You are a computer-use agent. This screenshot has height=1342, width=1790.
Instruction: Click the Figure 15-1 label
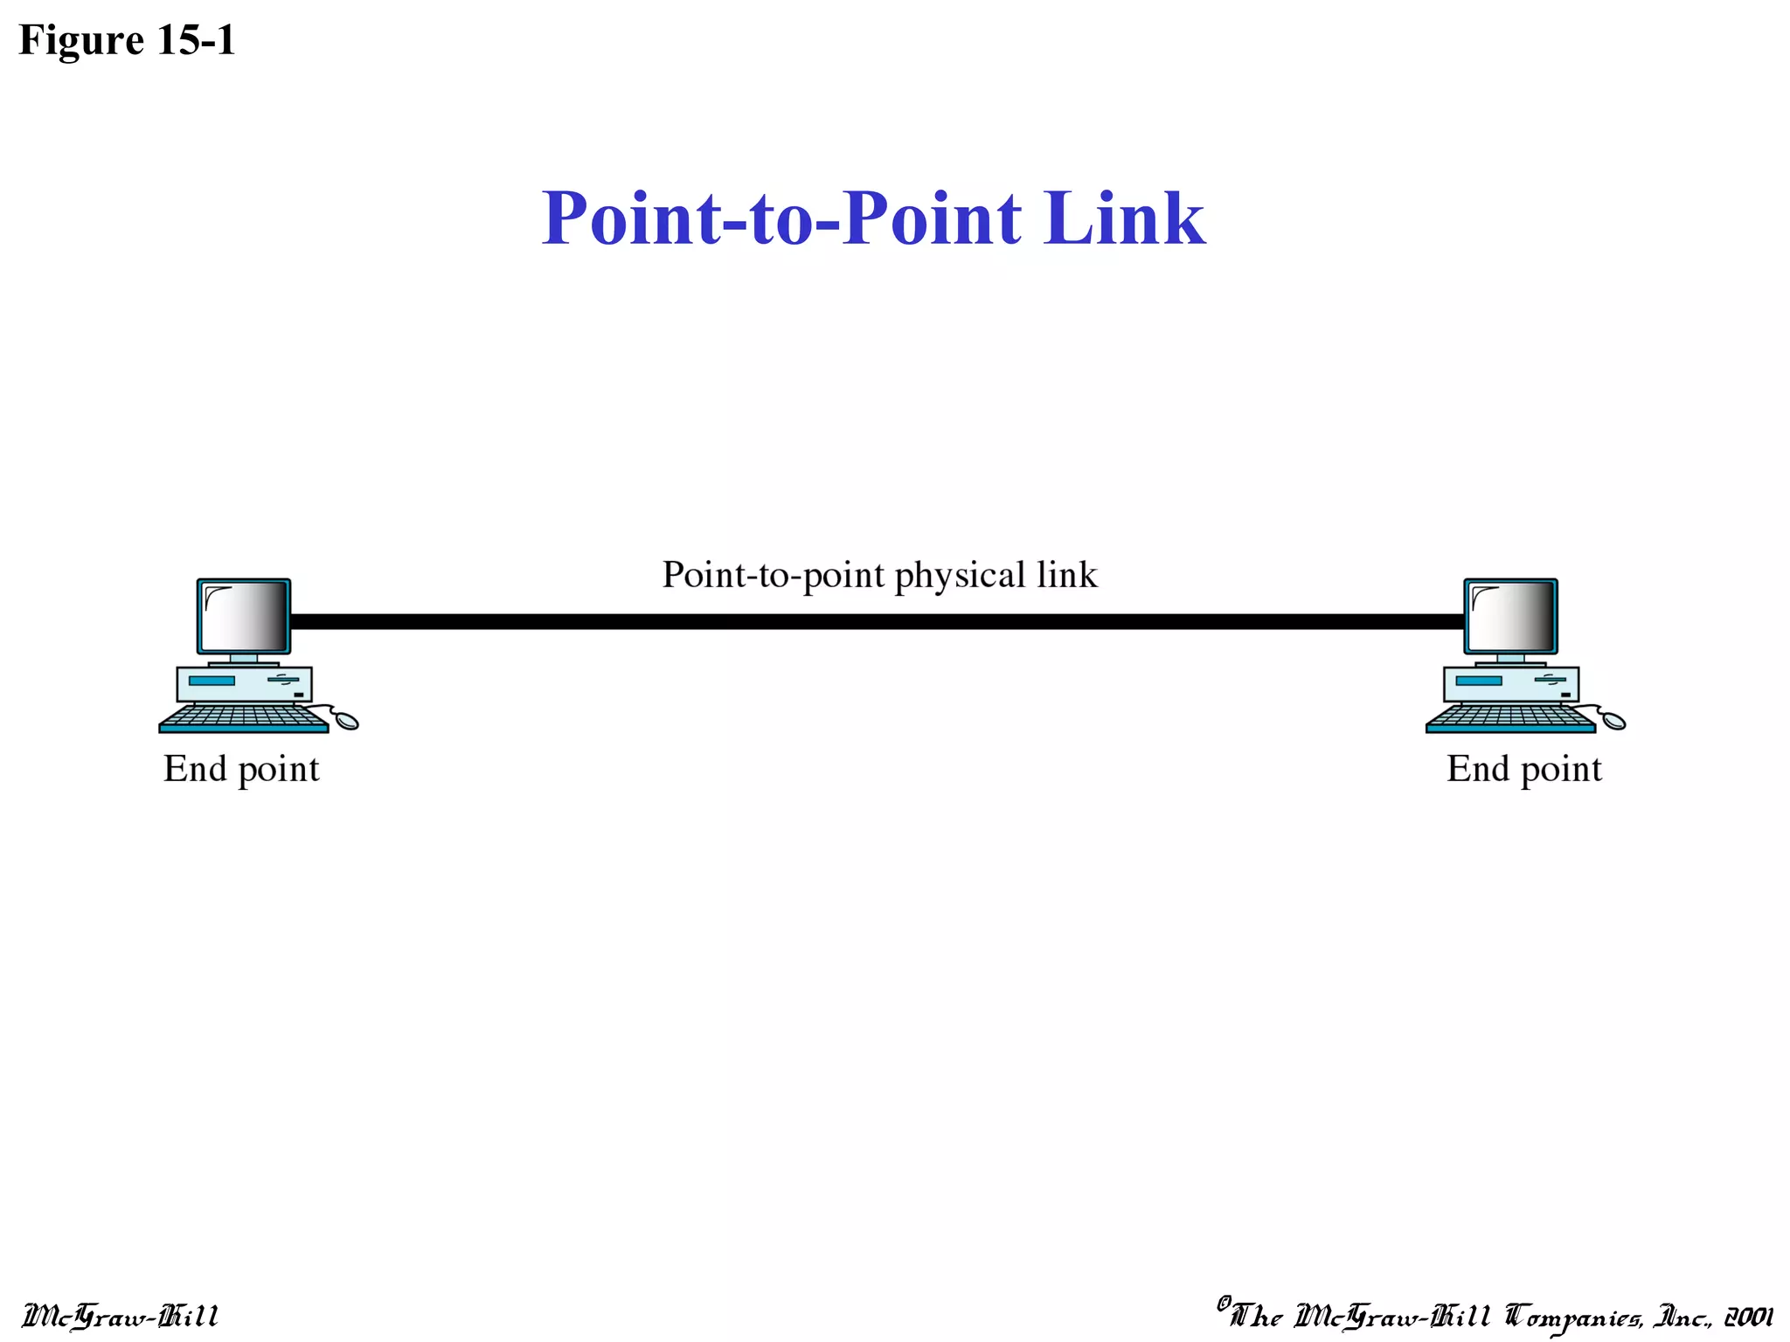(127, 40)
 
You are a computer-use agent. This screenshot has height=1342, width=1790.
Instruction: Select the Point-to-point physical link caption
(879, 575)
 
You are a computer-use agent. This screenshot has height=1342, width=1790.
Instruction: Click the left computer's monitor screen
(244, 617)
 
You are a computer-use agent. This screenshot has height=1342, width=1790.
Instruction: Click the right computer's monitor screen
(1510, 617)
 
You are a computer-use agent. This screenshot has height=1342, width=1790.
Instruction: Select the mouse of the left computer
(347, 720)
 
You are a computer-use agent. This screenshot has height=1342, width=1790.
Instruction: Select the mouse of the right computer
(1613, 720)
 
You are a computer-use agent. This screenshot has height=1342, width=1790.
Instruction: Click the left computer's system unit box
(244, 684)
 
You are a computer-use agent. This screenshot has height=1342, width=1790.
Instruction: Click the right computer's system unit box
(1510, 684)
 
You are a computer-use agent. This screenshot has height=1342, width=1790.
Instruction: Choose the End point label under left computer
(241, 770)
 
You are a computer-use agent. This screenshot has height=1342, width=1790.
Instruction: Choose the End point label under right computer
(1523, 770)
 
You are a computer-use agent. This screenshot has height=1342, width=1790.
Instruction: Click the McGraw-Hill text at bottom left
(120, 1316)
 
